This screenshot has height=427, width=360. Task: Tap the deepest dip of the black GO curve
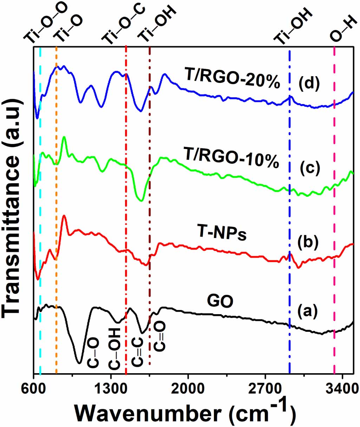click(79, 363)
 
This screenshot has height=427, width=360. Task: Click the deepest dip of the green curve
click(141, 201)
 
